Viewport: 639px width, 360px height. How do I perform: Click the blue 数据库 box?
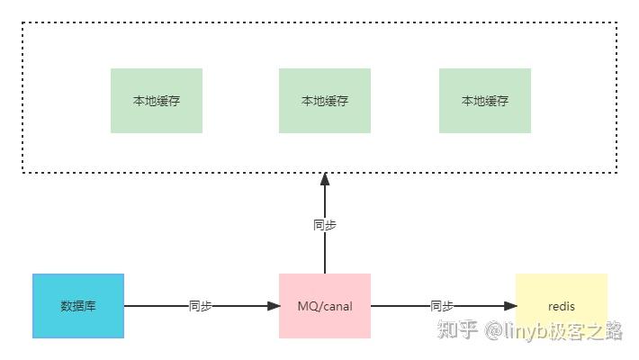tap(78, 306)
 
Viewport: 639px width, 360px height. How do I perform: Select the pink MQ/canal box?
tap(325, 306)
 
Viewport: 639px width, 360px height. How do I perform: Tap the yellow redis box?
tap(562, 306)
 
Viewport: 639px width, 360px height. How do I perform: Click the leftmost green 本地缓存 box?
tap(157, 101)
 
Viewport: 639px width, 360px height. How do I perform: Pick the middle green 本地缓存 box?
tap(325, 101)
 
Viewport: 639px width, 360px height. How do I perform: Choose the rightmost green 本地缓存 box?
tap(485, 101)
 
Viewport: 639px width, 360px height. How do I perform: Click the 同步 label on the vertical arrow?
tap(325, 225)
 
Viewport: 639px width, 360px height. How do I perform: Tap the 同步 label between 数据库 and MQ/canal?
tap(200, 306)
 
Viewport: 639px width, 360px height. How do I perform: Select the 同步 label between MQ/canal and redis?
tap(442, 306)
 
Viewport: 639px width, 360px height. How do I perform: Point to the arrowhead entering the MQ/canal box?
tap(274, 306)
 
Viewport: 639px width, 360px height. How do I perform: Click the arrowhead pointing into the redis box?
tap(510, 306)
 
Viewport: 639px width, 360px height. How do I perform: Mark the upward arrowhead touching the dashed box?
tap(325, 179)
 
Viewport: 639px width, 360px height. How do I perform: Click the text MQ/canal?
tap(325, 306)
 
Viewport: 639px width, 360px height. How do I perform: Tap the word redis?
tap(562, 306)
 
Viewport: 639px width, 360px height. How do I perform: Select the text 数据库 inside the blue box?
tap(78, 306)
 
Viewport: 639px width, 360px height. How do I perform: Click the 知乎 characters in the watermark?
tap(457, 329)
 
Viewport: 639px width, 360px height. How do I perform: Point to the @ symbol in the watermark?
tap(493, 330)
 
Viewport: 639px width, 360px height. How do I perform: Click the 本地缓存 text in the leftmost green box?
tap(157, 101)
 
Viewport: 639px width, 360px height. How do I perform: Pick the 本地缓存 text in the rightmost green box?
tap(485, 101)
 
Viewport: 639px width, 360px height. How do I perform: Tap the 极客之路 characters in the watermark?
tap(586, 330)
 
